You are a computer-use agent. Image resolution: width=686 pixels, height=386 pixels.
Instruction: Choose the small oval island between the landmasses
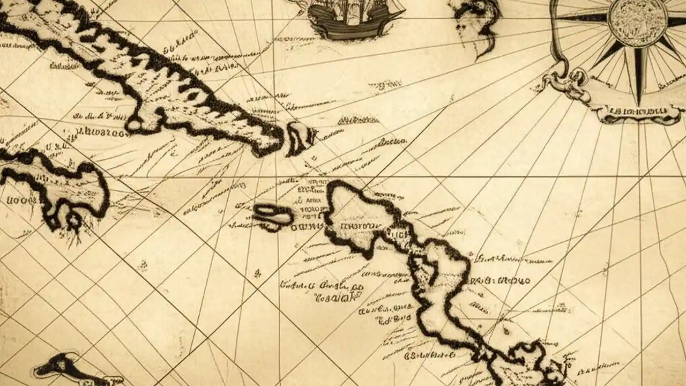(273, 214)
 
